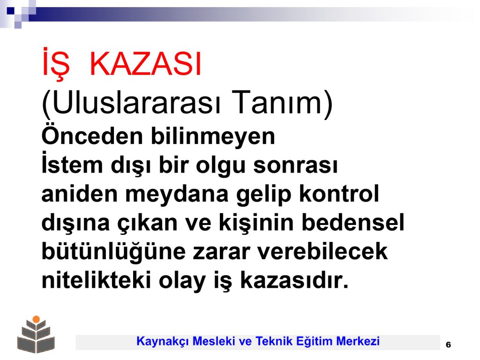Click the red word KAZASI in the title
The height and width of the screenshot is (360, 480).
(x=145, y=64)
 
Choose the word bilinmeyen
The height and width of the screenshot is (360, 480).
(x=213, y=136)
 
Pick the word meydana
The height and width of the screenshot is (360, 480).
(x=177, y=195)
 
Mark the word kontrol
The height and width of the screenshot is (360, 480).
(x=339, y=194)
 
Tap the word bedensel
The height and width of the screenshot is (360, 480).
(x=353, y=222)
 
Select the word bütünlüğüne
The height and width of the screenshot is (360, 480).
(x=113, y=252)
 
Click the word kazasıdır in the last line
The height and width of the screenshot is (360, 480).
(x=294, y=280)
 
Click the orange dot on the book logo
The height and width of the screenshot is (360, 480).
(x=36, y=319)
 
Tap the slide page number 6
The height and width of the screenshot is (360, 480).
(x=449, y=345)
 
